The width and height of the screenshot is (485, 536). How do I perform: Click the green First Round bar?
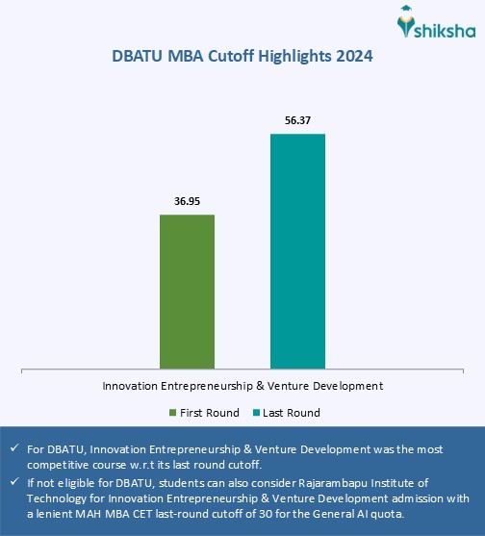click(187, 291)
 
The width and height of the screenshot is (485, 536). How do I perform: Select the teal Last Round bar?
click(297, 250)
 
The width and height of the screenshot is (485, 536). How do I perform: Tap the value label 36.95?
click(187, 202)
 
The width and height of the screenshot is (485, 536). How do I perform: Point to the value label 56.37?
click(297, 122)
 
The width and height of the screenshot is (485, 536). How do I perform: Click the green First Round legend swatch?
click(173, 413)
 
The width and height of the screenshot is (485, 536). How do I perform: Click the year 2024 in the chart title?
click(354, 57)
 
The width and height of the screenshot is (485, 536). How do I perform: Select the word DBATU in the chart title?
click(141, 57)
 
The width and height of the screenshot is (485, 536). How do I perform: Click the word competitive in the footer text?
click(61, 464)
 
